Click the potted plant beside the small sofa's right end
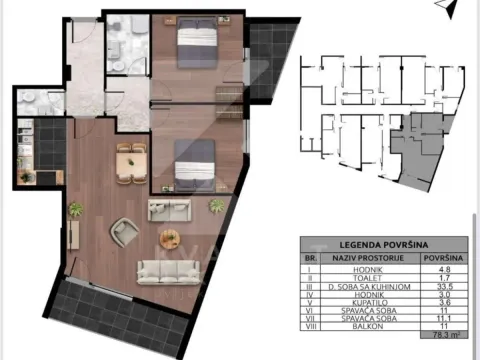pyautogui.click(x=215, y=206)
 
